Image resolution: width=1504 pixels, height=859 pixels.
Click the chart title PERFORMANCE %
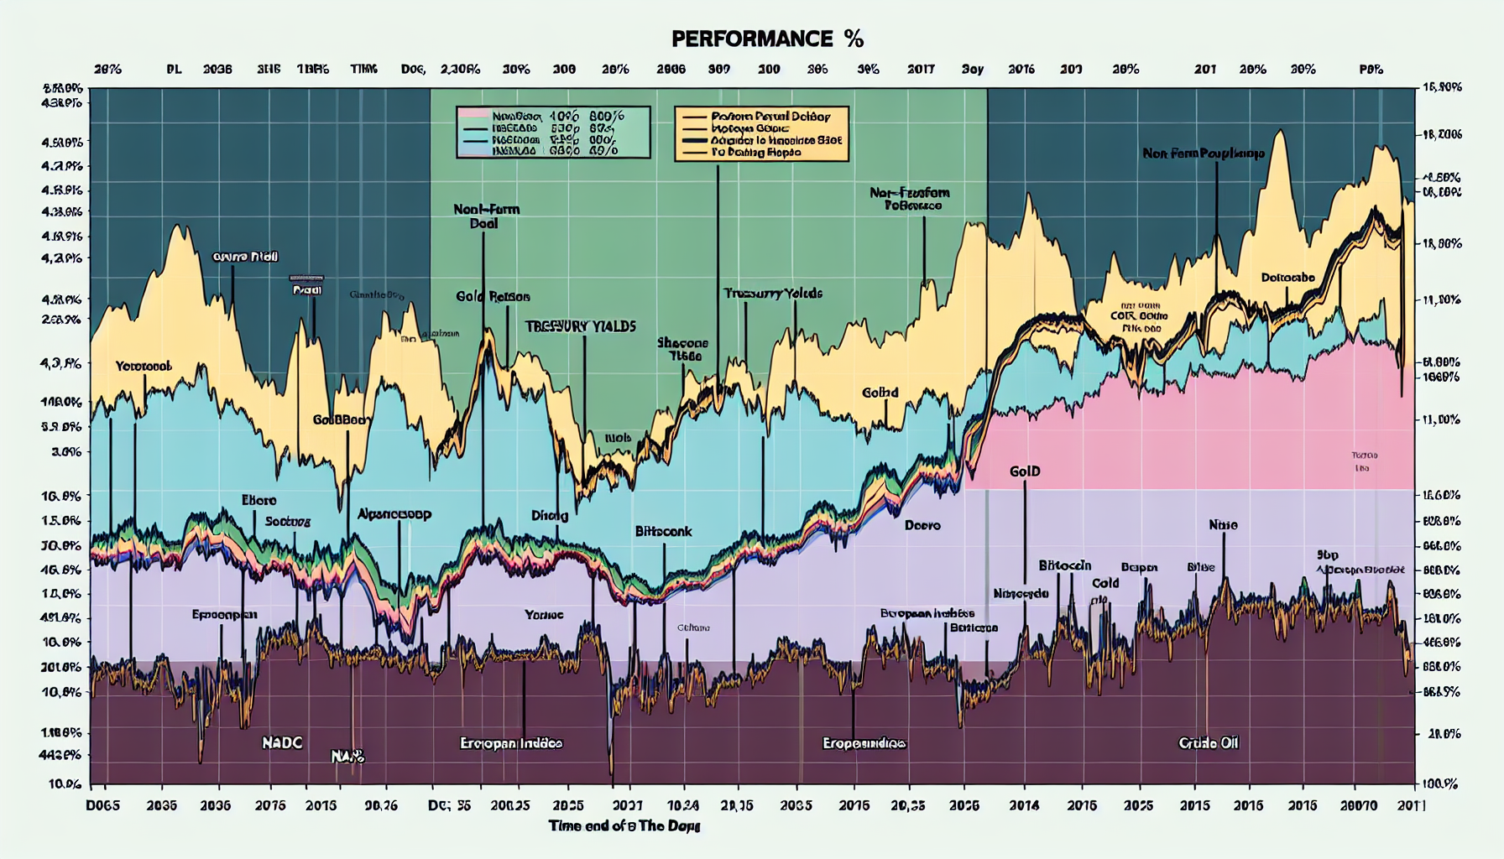767,39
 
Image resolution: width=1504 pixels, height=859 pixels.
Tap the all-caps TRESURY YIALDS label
581,326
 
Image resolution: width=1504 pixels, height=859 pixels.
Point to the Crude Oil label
1208,742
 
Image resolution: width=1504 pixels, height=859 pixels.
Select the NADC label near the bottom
282,742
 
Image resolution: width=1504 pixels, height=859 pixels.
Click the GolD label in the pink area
1025,471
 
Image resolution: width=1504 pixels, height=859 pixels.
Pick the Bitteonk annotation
663,532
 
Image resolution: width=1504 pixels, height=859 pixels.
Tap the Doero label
922,525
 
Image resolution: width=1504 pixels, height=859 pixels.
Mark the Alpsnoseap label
394,514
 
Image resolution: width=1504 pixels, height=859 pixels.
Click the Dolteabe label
1287,278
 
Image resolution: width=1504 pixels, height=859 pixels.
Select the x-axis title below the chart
624,825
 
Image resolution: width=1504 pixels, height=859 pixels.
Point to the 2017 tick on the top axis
921,70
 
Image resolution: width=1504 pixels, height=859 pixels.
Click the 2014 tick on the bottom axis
1024,805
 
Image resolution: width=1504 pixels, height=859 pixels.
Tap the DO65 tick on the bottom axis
103,805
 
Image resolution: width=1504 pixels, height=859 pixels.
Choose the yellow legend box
761,133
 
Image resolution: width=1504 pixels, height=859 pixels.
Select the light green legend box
553,133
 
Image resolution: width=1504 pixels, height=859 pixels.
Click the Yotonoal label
144,367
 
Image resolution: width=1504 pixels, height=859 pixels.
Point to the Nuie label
1223,525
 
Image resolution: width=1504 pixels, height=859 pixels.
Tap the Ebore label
258,501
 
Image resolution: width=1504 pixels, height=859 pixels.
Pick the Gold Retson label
493,296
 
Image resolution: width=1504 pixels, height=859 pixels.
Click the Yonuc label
544,615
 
